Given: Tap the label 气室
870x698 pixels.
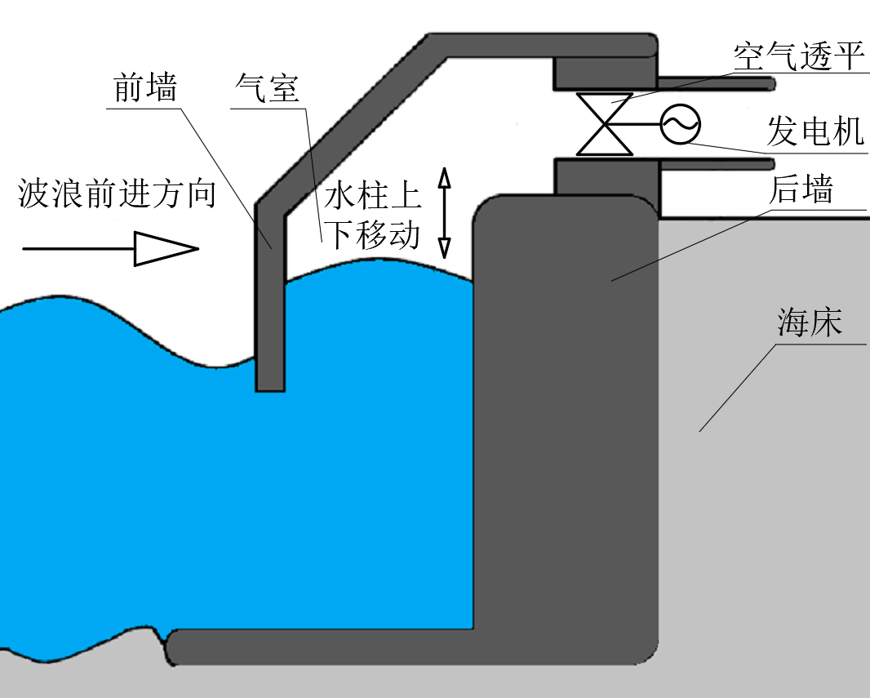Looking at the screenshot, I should coord(267,88).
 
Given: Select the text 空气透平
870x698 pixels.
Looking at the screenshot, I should coord(797,56).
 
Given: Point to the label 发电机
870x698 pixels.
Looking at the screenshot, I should coord(815,131).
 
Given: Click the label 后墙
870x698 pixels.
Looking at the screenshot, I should coord(801,190).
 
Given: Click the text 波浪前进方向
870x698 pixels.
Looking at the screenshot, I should coord(117,195).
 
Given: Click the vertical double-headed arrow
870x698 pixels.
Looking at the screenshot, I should coord(444,213).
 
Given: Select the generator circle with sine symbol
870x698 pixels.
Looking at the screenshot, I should coord(681,124).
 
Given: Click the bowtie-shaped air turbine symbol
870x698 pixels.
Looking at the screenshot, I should coord(605,124).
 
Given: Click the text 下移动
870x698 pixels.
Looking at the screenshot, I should coord(373,235).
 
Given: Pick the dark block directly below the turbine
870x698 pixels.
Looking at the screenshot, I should coord(606,176).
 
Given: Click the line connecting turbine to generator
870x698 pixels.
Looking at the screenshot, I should coord(645,124).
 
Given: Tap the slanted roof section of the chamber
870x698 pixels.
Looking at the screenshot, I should coord(351,122).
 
